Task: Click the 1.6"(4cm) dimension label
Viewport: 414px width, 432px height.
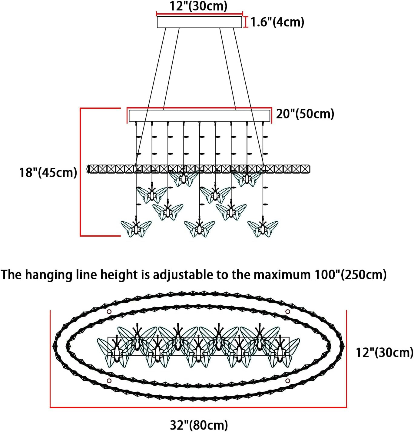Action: tap(277, 22)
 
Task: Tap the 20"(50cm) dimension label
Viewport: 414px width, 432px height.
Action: tap(305, 114)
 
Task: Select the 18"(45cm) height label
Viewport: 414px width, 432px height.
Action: tap(48, 172)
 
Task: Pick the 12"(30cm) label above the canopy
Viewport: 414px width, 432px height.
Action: tap(198, 6)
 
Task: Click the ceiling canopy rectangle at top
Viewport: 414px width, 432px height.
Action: tap(199, 22)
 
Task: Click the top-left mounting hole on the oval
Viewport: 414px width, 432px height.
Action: tap(109, 312)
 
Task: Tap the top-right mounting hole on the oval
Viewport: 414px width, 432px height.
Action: tap(287, 312)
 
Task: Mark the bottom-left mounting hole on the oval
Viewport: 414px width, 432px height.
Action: tap(109, 381)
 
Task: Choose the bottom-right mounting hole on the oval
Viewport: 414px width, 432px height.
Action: tap(287, 381)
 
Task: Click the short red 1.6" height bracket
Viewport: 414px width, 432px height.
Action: tap(245, 22)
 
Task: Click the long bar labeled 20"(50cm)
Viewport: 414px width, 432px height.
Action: tap(199, 116)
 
